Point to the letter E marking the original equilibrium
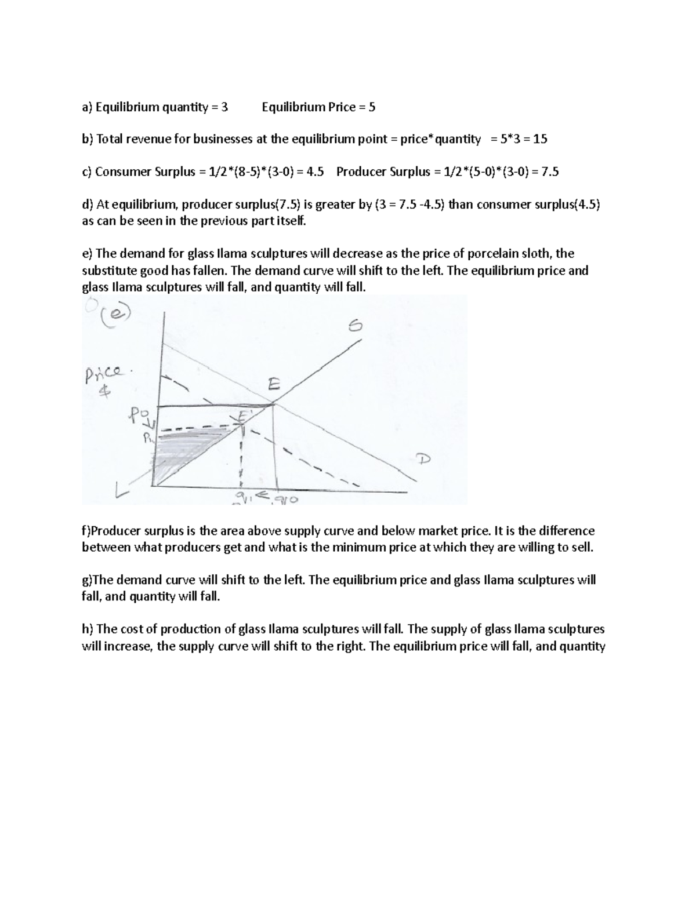[274, 385]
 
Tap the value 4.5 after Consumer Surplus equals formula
[315, 172]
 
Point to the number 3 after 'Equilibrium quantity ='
[225, 107]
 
